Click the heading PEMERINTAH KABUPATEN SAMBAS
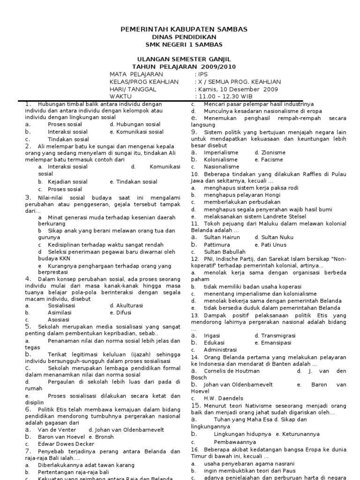pyautogui.click(x=184, y=30)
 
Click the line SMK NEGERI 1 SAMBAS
pyautogui.click(x=184, y=45)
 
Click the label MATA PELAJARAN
pyautogui.click(x=136, y=74)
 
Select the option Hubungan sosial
pyautogui.click(x=135, y=125)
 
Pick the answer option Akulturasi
pyautogui.click(x=126, y=305)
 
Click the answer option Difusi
pyautogui.click(x=120, y=312)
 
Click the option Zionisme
pyautogui.click(x=270, y=153)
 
